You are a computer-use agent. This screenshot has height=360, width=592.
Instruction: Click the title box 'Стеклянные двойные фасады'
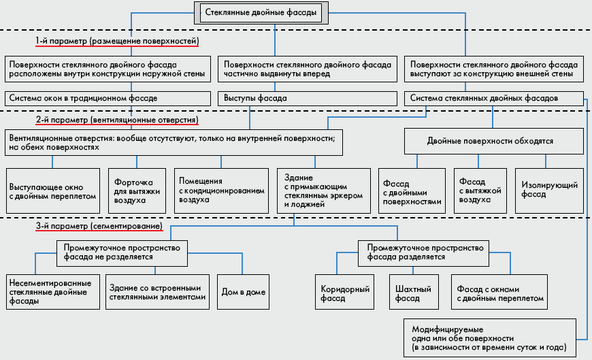point(261,13)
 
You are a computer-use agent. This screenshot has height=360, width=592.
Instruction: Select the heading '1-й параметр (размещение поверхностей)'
point(117,41)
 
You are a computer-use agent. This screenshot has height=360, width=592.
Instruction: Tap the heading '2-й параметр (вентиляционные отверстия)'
point(117,120)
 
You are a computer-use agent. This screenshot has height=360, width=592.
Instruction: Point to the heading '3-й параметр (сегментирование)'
point(99,226)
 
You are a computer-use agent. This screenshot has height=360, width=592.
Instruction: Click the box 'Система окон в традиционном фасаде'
point(108,99)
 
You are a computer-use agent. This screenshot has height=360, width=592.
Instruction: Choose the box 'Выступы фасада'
point(308,99)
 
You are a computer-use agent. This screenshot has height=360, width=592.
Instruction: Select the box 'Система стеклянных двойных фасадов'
point(494,99)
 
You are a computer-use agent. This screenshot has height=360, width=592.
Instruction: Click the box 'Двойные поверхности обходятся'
point(494,141)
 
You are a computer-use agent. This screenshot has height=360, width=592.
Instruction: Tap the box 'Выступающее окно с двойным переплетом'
point(53,191)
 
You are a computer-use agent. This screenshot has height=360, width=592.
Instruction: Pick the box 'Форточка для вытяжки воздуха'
point(137,191)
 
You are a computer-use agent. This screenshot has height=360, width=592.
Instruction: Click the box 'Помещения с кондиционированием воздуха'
point(221,191)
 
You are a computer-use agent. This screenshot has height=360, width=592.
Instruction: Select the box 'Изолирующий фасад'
point(549,191)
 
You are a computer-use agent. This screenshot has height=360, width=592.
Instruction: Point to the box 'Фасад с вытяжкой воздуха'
point(480,191)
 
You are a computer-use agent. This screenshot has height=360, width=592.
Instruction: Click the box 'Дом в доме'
point(243,292)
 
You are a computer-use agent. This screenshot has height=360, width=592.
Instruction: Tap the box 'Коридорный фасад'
point(345,292)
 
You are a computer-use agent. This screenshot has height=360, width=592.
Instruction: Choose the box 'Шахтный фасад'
point(414,292)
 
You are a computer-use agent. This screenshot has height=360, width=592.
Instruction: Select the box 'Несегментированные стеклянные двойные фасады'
point(53,292)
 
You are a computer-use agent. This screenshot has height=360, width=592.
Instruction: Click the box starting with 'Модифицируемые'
point(490,338)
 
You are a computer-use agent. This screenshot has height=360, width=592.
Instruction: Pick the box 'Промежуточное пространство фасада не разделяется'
point(122,253)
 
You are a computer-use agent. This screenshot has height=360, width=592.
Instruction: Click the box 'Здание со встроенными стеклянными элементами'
point(157,292)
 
